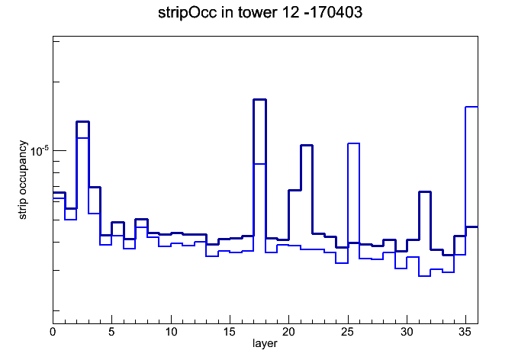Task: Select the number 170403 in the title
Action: (x=336, y=13)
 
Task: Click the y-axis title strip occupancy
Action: (x=22, y=180)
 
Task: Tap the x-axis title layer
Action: (x=265, y=343)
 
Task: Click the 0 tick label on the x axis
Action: (x=53, y=332)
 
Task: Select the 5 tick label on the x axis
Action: (x=111, y=332)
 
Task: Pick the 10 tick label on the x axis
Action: (x=171, y=332)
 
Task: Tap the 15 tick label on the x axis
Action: (x=230, y=332)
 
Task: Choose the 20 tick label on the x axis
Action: (x=289, y=332)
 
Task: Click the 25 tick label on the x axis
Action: (x=348, y=332)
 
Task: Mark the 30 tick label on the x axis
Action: (x=407, y=332)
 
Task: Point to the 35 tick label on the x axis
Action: (x=465, y=332)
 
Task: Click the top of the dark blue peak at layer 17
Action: (x=259, y=100)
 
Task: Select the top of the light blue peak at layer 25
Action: (x=353, y=143)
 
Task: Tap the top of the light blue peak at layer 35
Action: (x=471, y=107)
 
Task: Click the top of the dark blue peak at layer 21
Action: (x=307, y=145)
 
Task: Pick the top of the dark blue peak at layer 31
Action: (x=425, y=192)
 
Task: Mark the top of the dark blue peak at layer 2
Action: (x=82, y=121)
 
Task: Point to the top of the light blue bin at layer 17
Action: (x=259, y=164)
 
